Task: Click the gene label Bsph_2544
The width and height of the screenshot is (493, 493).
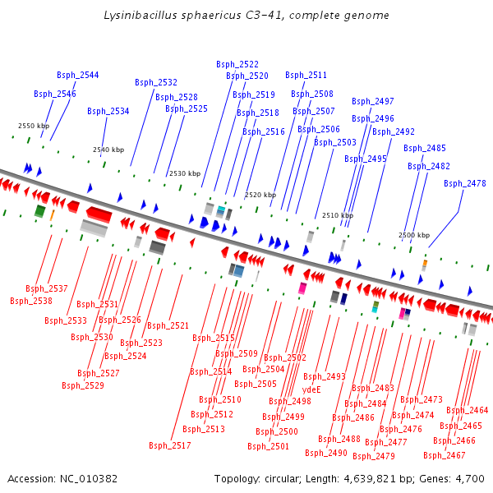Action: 78,75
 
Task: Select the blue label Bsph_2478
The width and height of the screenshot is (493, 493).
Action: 465,183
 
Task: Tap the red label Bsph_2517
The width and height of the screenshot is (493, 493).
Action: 170,445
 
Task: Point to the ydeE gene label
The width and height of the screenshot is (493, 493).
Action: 311,389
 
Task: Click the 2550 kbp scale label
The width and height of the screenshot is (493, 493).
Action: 34,126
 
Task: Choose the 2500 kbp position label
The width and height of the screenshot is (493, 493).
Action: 414,235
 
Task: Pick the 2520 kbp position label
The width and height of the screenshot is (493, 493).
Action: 260,195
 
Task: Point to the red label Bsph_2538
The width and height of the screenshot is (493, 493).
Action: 31,301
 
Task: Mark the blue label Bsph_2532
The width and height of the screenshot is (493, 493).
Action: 156,82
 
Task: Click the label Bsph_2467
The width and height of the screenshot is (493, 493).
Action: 445,454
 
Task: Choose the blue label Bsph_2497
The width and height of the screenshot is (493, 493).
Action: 373,101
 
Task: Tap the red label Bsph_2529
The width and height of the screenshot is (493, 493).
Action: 83,385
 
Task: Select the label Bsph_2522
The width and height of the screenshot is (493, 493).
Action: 237,64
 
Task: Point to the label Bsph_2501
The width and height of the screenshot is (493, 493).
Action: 269,446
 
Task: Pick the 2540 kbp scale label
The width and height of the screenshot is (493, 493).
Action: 108,150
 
